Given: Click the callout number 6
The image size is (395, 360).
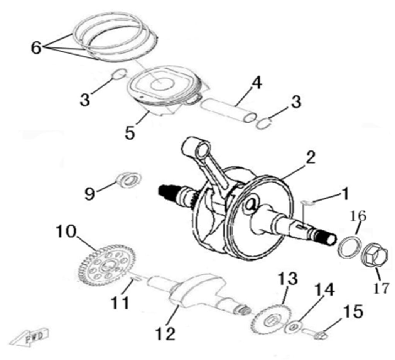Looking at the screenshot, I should pos(35,48).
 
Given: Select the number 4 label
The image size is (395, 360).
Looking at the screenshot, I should pos(257,83).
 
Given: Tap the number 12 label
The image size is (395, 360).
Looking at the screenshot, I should pos(165,333).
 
